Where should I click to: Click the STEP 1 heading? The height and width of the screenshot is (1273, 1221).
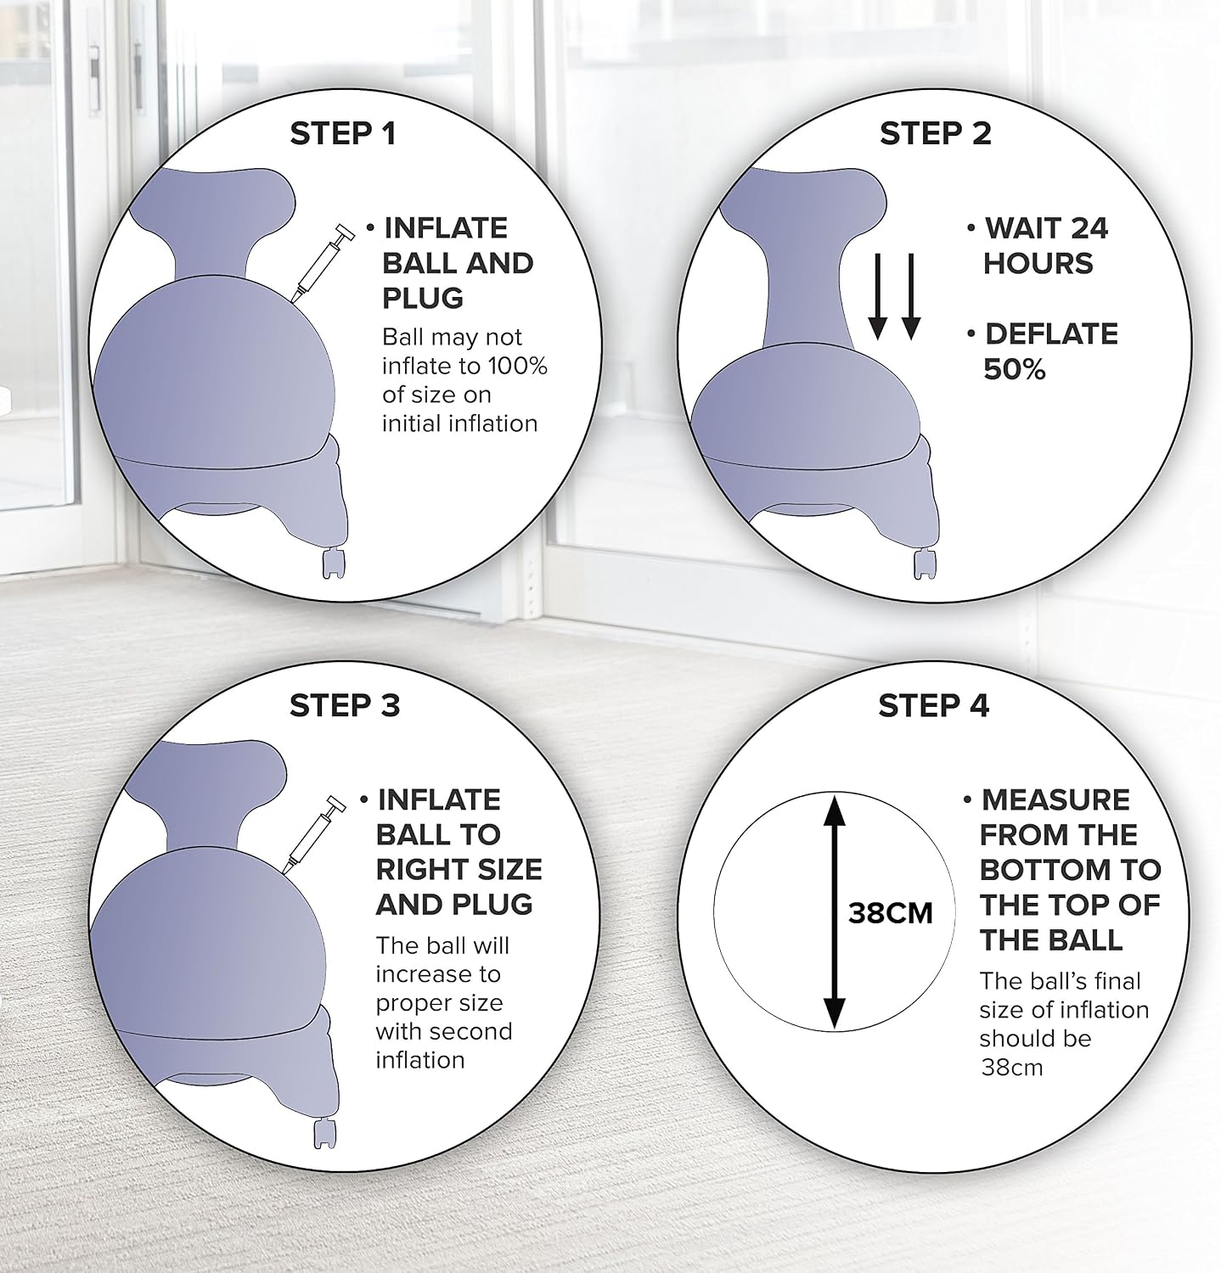point(343,133)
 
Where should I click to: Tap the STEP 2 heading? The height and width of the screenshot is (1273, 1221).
point(935,133)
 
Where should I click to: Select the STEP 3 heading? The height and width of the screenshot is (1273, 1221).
point(344,705)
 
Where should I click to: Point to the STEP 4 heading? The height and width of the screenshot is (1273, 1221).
point(933,705)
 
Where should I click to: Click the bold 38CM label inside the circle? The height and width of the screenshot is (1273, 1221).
point(890,913)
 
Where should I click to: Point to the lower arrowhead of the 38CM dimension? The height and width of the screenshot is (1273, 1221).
point(836,1012)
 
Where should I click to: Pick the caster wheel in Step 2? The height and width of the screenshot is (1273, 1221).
point(926,564)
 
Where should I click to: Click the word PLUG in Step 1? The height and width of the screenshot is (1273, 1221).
point(423,298)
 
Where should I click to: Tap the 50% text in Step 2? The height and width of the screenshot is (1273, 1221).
point(1014,370)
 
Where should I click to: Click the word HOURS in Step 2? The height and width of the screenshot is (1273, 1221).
point(1038,263)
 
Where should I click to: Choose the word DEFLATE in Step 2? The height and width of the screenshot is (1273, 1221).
point(1051,334)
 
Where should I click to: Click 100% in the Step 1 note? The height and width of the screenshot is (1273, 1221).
point(517,367)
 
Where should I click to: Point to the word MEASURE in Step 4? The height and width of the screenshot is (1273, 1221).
point(1055,799)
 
